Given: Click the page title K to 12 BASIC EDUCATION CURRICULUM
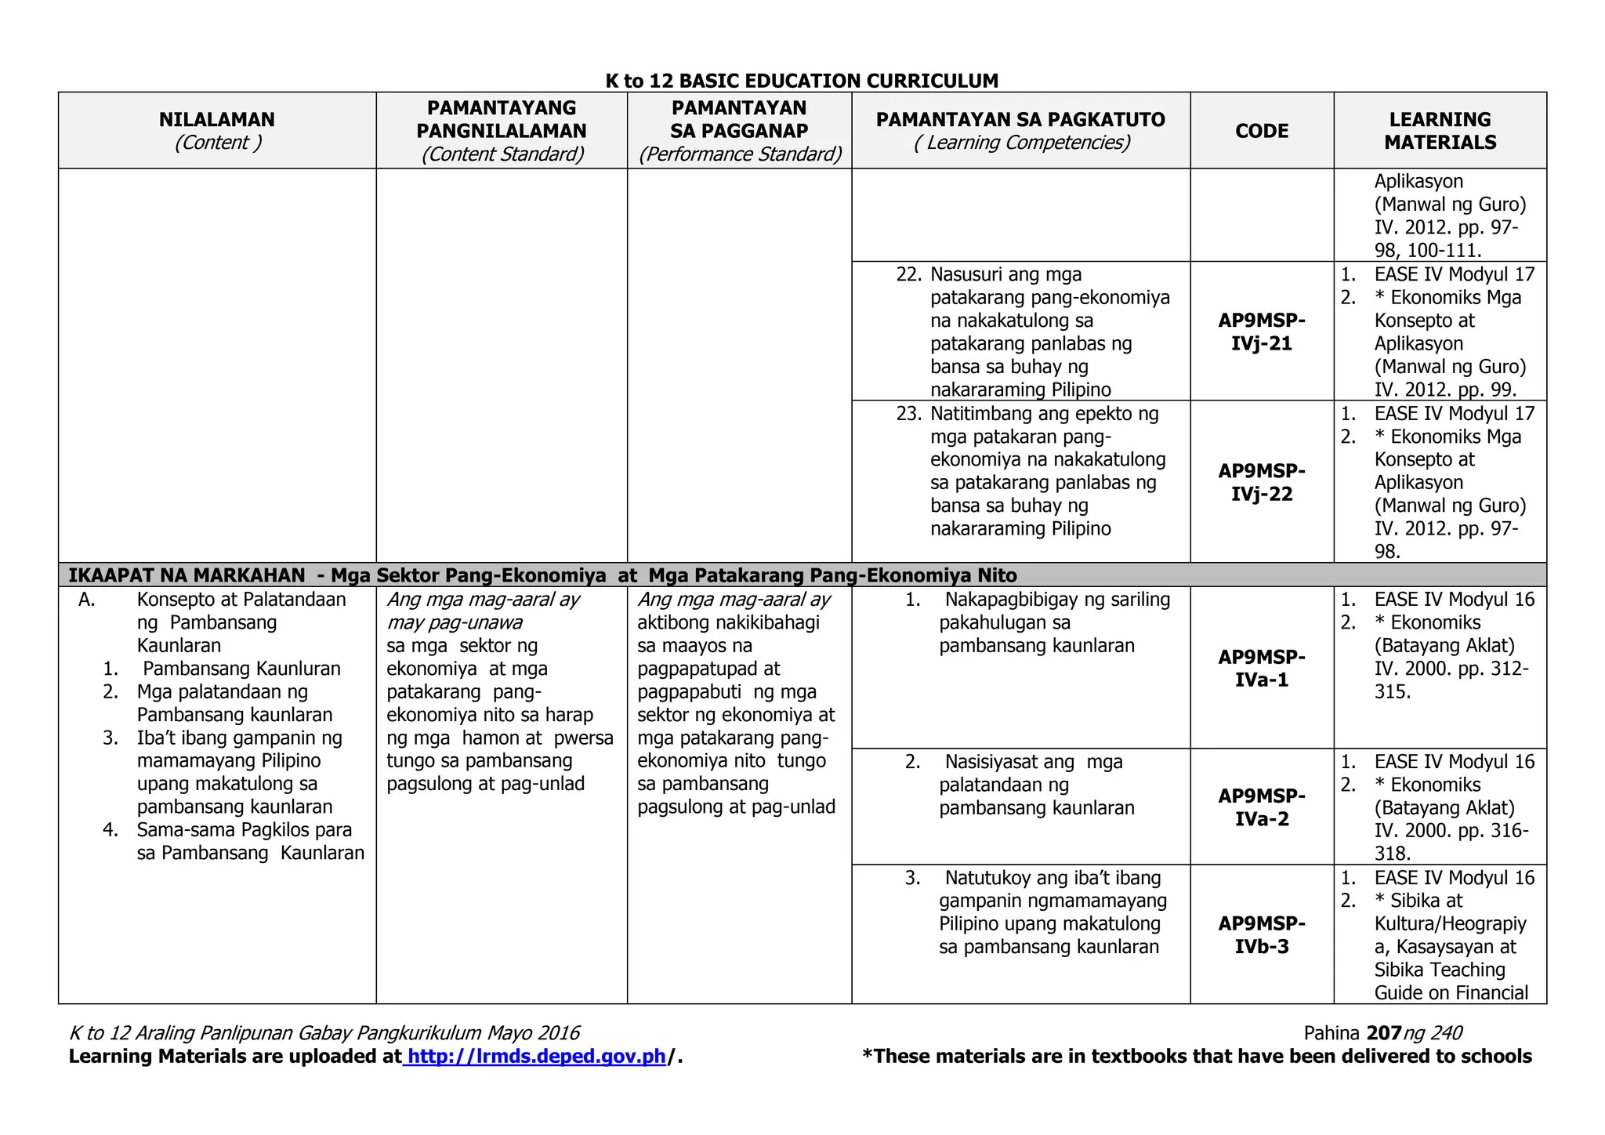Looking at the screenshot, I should point(802,81).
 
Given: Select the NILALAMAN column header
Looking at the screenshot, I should point(217,120).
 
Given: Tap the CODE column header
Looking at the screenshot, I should point(1261,131).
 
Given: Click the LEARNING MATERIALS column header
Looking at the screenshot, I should point(1440,131).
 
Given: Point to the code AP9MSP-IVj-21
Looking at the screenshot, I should point(1261,332).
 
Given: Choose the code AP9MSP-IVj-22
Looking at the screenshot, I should point(1261,482).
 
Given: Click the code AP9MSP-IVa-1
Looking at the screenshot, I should point(1261,668).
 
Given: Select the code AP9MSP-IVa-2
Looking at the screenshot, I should point(1261,807).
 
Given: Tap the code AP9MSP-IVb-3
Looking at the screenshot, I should point(1261,934).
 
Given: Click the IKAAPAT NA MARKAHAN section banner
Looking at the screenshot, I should point(542,575).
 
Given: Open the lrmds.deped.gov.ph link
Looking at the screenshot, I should point(537,1057).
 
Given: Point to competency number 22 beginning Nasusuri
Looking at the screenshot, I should point(1005,275).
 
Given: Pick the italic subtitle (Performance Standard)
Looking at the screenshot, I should point(740,154).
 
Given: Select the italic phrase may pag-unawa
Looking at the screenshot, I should point(454,623).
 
